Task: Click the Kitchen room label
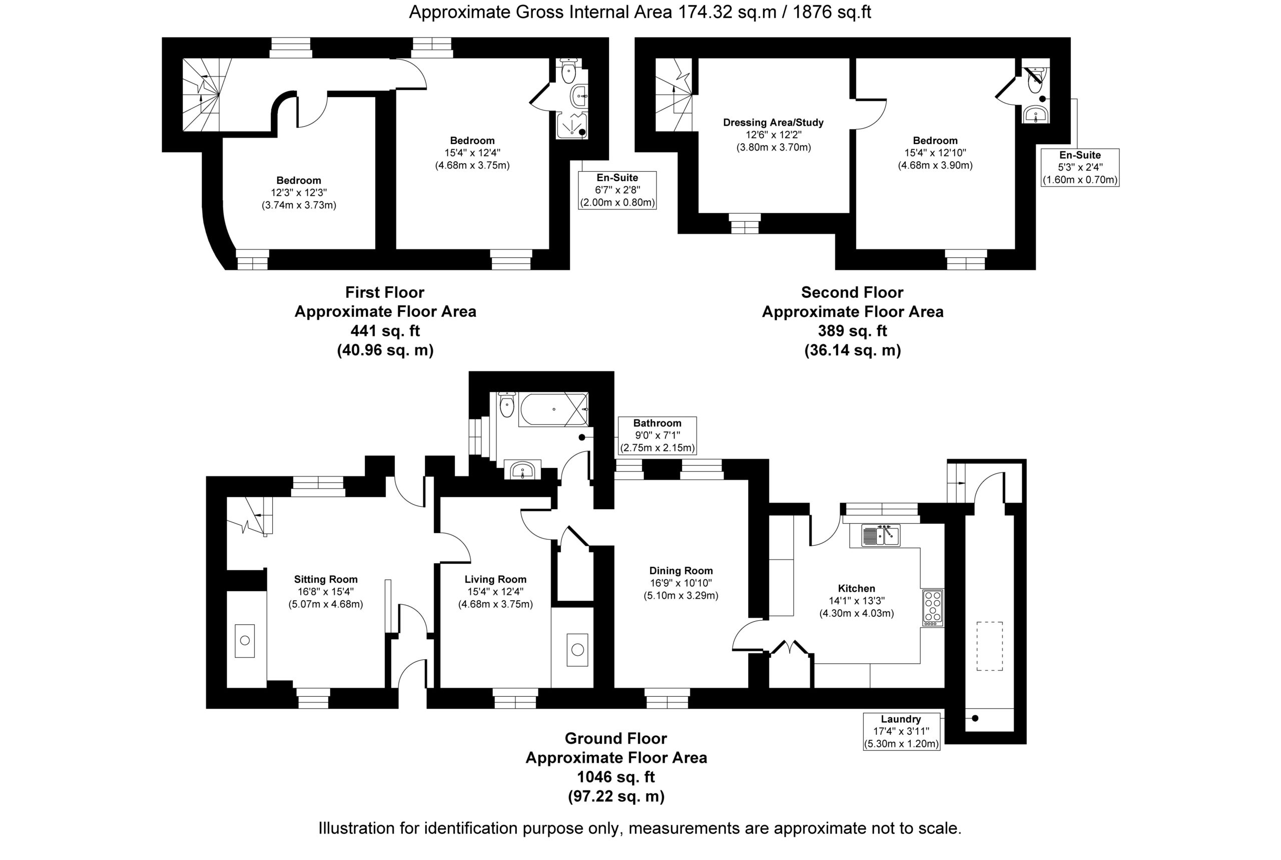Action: [x=856, y=588]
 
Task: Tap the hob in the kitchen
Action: [x=933, y=608]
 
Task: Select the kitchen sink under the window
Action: [x=880, y=535]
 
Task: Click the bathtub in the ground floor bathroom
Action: [x=553, y=409]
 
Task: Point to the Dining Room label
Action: [x=681, y=570]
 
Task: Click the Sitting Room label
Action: [x=326, y=579]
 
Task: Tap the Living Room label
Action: [x=495, y=579]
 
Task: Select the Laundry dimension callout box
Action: [x=902, y=731]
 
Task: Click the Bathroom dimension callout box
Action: [x=657, y=436]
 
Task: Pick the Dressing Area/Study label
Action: [x=774, y=122]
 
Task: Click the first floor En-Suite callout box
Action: [x=617, y=190]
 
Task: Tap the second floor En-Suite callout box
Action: [x=1080, y=167]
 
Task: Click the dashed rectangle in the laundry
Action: [x=989, y=646]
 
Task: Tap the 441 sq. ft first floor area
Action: [x=385, y=331]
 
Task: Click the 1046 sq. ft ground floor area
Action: [x=616, y=776]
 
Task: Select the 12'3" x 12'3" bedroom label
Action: [x=299, y=193]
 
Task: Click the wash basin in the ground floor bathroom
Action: [x=522, y=470]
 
